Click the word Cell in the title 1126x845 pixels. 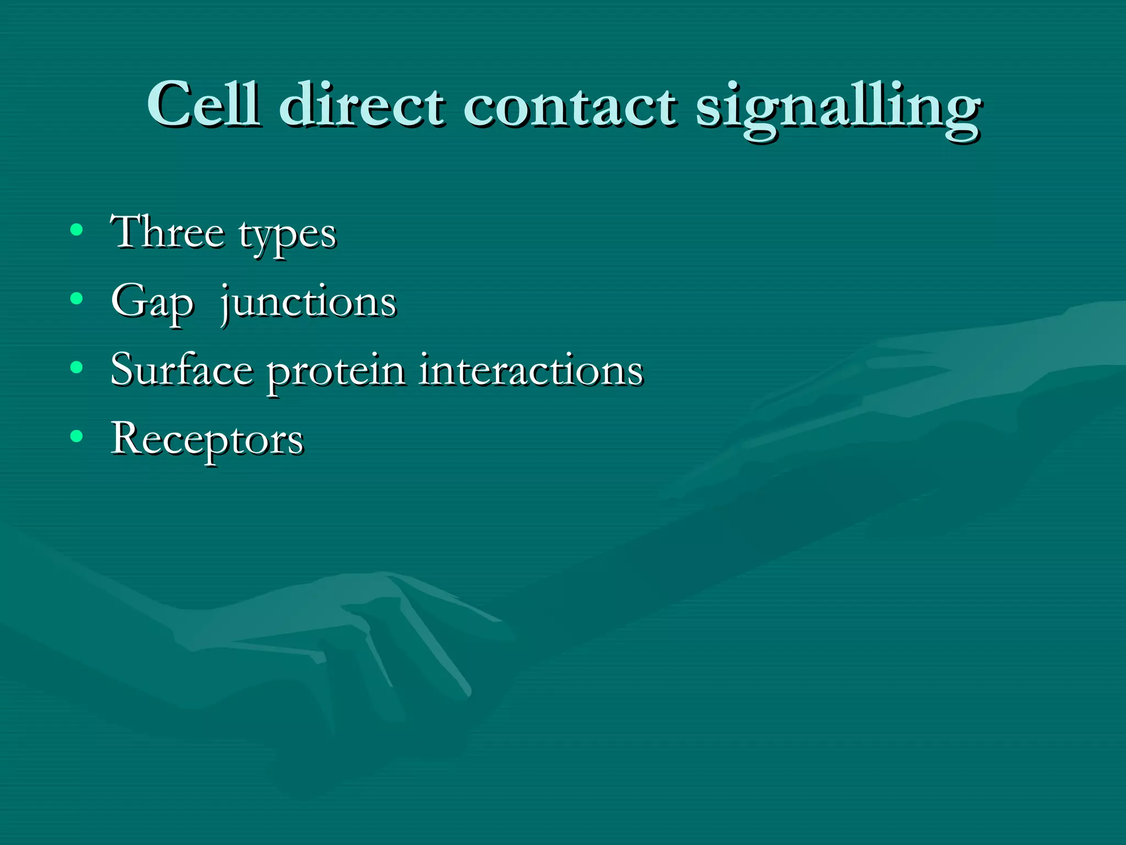[203, 105]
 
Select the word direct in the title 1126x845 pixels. [362, 105]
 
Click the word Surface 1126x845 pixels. [182, 370]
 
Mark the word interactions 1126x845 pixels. [531, 370]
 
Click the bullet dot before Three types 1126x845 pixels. [77, 230]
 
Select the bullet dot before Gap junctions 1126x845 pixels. [77, 299]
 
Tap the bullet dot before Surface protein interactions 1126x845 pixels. [77, 367]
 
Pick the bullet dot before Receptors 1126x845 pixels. [77, 436]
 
